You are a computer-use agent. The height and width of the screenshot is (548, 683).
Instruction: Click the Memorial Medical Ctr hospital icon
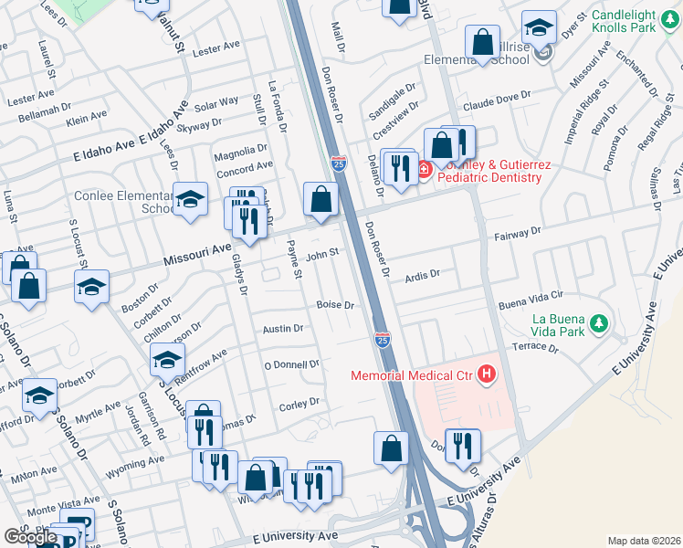[x=487, y=374]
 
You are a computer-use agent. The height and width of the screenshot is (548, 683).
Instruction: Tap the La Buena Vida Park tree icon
[x=599, y=323]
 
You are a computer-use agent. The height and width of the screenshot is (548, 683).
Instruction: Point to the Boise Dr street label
[x=334, y=305]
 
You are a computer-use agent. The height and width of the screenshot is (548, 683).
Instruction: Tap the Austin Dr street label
[x=282, y=329]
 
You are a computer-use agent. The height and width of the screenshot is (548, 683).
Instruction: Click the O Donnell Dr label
[x=291, y=364]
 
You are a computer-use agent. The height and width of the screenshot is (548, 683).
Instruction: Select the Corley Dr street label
[x=299, y=402]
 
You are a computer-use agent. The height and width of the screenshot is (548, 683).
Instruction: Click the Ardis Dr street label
[x=423, y=273]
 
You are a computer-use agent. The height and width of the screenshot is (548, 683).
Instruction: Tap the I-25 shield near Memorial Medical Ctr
[x=384, y=340]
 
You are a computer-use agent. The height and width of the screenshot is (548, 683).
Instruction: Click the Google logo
[x=31, y=536]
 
